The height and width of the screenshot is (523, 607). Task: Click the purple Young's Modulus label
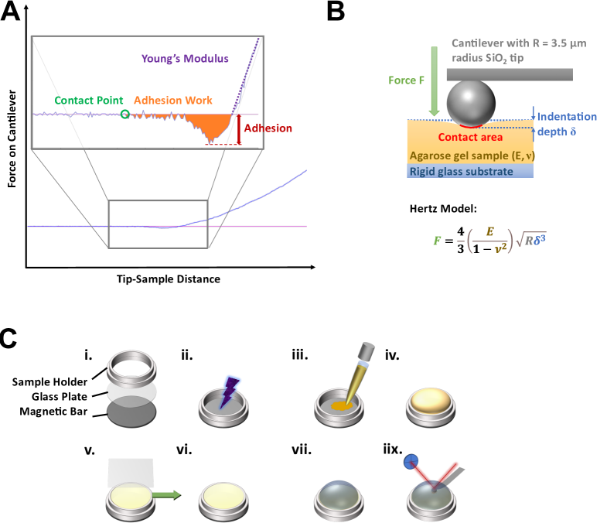(185, 59)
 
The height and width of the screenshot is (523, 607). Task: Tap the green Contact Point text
(87, 101)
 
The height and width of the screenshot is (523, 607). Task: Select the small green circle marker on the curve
(125, 115)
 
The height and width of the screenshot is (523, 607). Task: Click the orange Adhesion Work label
(173, 101)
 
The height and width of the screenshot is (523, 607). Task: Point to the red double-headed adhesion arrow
(239, 129)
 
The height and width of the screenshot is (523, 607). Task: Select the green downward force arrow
(435, 81)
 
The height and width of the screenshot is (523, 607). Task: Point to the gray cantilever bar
(509, 74)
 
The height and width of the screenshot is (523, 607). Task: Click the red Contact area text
(470, 138)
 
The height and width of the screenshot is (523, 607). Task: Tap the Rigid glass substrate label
(461, 171)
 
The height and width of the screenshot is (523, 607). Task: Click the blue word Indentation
(567, 117)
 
